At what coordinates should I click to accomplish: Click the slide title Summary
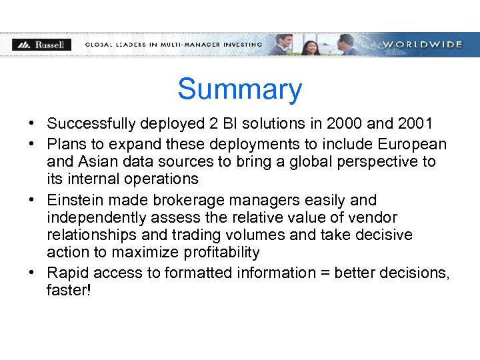point(239,89)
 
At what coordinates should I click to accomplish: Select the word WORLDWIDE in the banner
point(422,45)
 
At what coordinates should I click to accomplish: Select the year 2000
point(342,124)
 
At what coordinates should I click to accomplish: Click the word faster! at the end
point(69,291)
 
